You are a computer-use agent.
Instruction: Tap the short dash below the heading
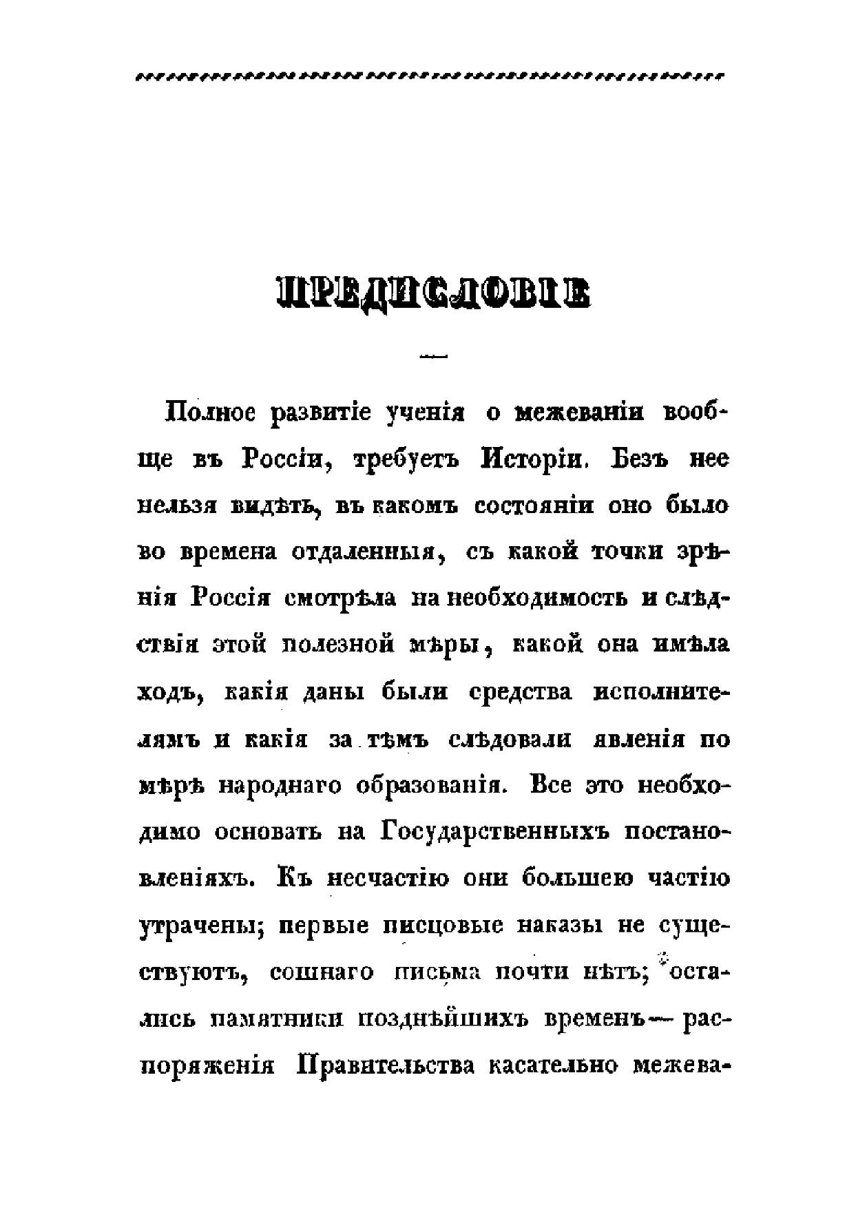(x=433, y=356)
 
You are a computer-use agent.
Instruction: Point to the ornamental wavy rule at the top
(x=430, y=76)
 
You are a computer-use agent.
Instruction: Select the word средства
(x=520, y=692)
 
